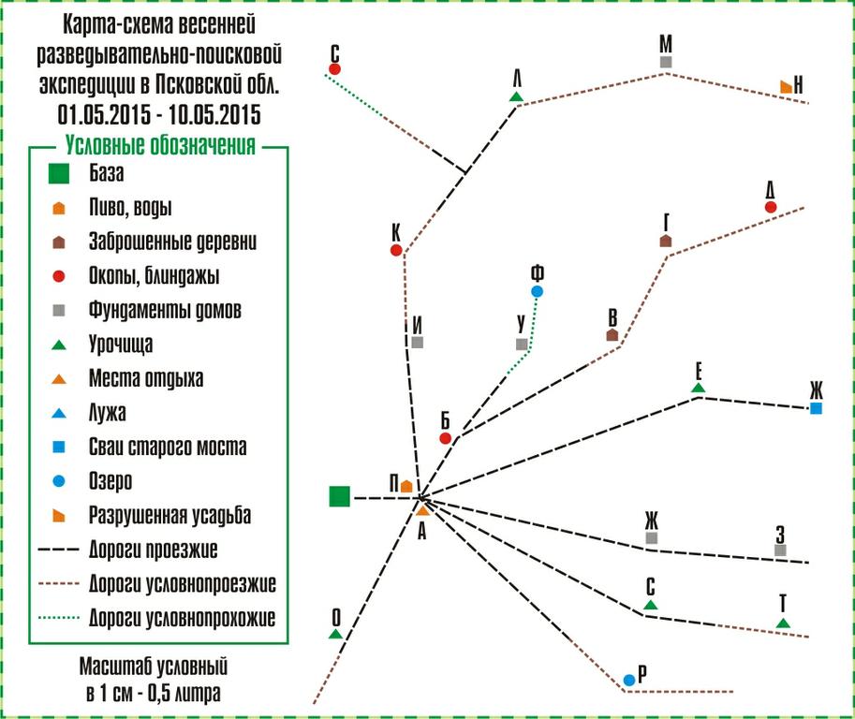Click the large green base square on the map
[340, 496]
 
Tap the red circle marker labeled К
[396, 250]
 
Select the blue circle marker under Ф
[538, 292]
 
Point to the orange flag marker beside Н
[786, 87]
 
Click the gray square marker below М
[666, 62]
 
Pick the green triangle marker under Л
[516, 96]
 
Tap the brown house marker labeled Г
[666, 241]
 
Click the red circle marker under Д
[771, 207]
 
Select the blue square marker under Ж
[816, 408]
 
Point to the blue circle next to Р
[629, 680]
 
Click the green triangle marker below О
[336, 634]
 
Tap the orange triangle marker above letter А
[423, 511]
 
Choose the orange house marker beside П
[406, 486]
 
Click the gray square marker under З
[780, 550]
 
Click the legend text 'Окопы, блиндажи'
[154, 276]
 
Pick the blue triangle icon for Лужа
[58, 413]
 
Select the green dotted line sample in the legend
[59, 618]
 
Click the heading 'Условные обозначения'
[160, 145]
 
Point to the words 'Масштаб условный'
[154, 667]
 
